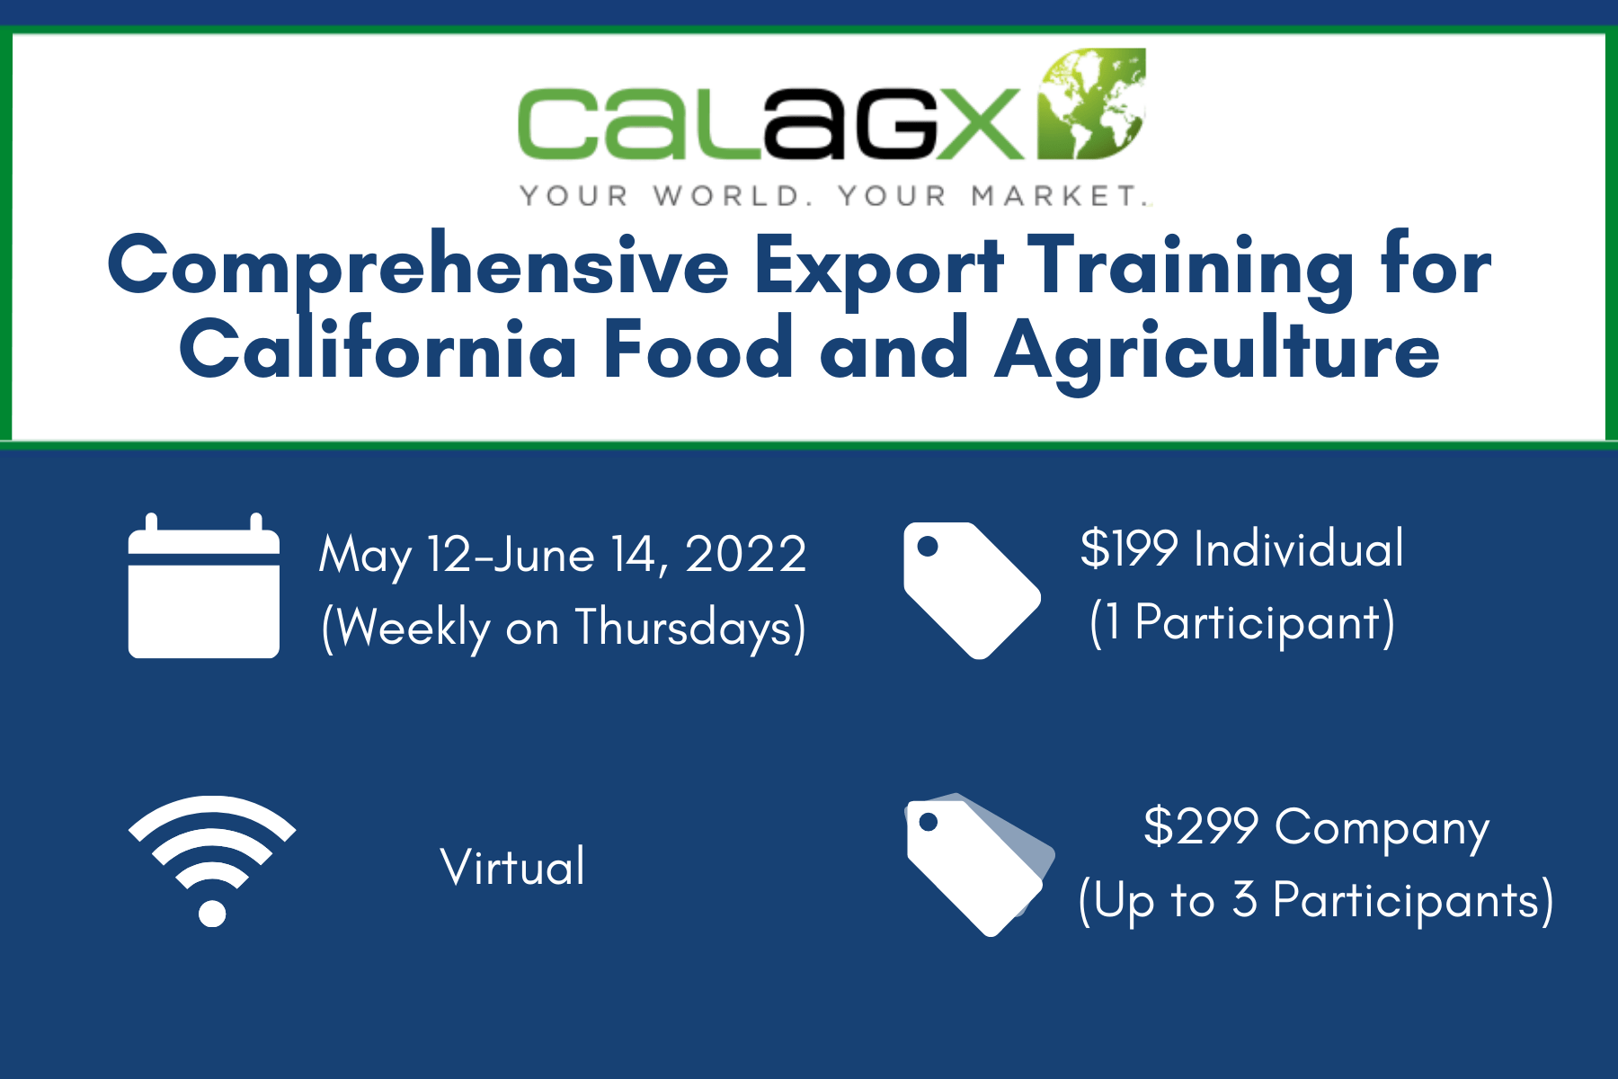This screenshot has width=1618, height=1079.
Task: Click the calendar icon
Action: click(204, 586)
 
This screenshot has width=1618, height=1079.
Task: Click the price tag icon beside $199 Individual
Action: click(972, 591)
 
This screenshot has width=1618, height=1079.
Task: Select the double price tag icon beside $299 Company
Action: click(980, 865)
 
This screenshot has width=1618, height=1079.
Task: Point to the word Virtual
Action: click(512, 867)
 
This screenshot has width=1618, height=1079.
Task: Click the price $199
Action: click(1129, 548)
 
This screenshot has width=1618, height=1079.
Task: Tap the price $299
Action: click(1200, 826)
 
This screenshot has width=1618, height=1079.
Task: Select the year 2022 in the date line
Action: click(746, 554)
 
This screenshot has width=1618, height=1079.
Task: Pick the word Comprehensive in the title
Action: click(419, 267)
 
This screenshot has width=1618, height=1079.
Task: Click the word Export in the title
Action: click(878, 267)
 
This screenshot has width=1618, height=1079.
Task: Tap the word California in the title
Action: click(378, 349)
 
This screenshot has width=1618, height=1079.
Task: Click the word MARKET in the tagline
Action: click(1054, 196)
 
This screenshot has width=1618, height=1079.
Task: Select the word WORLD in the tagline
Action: click(726, 196)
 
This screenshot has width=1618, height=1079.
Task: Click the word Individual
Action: click(1299, 548)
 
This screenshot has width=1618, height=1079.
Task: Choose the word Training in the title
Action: click(1191, 267)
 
